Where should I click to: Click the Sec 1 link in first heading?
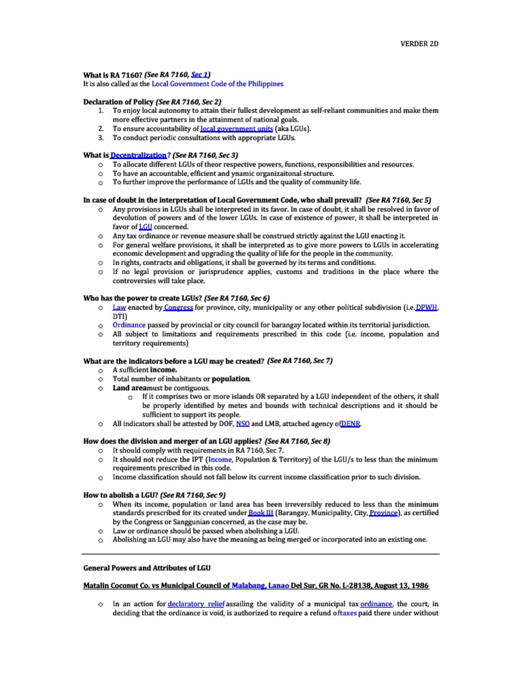coord(200,74)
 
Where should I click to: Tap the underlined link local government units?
coord(235,128)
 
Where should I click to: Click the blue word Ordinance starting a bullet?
coord(129,325)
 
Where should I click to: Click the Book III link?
coord(261,512)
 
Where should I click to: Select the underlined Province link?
coord(383,512)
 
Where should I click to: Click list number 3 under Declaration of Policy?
coord(101,137)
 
